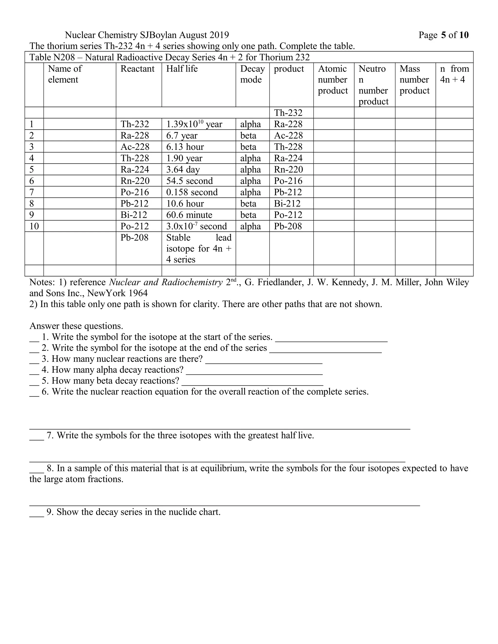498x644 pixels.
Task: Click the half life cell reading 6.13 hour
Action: click(x=185, y=147)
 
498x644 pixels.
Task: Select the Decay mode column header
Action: click(x=252, y=74)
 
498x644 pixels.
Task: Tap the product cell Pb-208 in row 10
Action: click(x=288, y=226)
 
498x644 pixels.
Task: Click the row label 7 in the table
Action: click(x=32, y=192)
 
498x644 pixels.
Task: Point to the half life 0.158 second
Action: click(x=192, y=192)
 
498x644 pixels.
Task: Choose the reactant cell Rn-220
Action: click(x=135, y=181)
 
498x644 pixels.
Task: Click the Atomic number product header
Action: click(x=333, y=80)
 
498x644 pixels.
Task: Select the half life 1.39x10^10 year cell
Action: click(x=194, y=124)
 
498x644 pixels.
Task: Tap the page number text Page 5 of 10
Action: click(x=443, y=35)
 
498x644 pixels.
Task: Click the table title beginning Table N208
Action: click(x=169, y=57)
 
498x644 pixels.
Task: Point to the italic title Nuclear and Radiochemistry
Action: click(x=166, y=282)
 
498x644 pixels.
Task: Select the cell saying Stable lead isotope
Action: click(x=199, y=248)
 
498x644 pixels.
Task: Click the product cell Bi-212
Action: click(x=287, y=203)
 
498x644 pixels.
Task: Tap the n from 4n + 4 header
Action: click(x=454, y=74)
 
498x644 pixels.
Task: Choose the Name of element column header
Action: click(x=65, y=74)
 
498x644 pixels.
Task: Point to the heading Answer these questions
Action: click(x=76, y=326)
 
